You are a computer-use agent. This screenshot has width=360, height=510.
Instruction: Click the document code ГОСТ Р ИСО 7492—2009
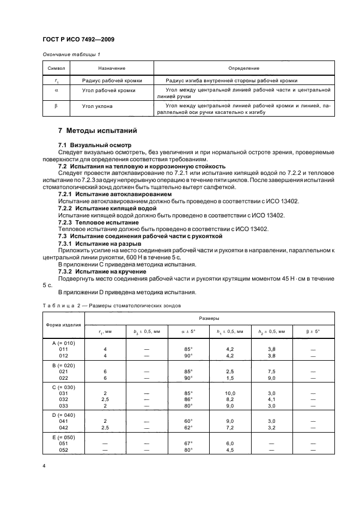click(x=78, y=40)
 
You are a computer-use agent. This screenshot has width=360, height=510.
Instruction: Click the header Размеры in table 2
click(x=210, y=317)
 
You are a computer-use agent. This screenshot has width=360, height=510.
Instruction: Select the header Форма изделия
click(x=63, y=325)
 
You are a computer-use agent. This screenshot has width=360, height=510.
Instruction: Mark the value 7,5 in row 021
click(x=267, y=371)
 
